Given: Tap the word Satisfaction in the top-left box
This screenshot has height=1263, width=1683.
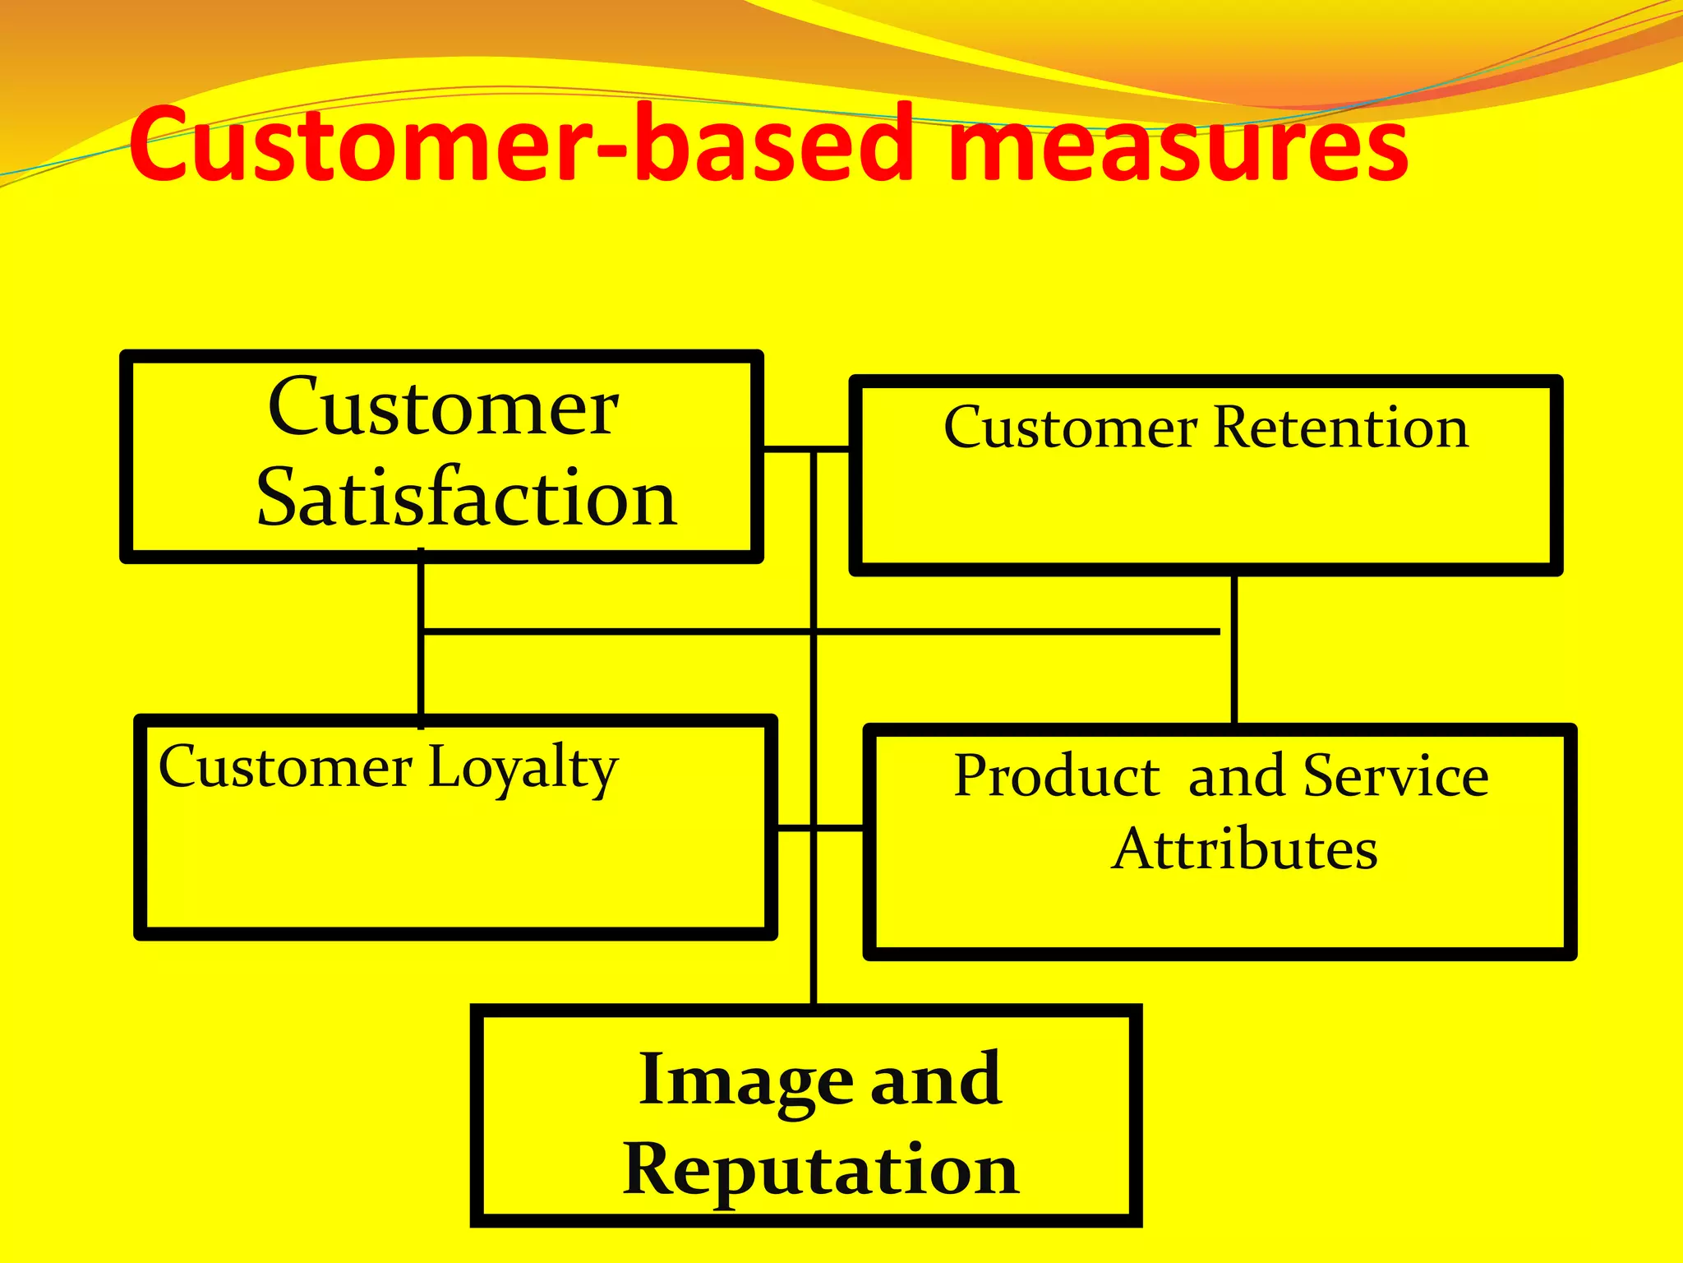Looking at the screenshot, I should pyautogui.click(x=466, y=498).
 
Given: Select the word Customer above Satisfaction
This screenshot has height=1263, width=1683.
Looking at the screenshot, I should pyautogui.click(x=443, y=408).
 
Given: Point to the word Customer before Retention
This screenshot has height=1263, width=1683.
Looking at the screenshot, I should pyautogui.click(x=1070, y=428).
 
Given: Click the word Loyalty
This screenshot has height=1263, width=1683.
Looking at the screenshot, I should pyautogui.click(x=523, y=769).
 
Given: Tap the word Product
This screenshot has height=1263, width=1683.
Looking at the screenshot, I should pyautogui.click(x=1057, y=776).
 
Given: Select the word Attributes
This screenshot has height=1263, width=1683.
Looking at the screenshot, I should pyautogui.click(x=1244, y=849).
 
